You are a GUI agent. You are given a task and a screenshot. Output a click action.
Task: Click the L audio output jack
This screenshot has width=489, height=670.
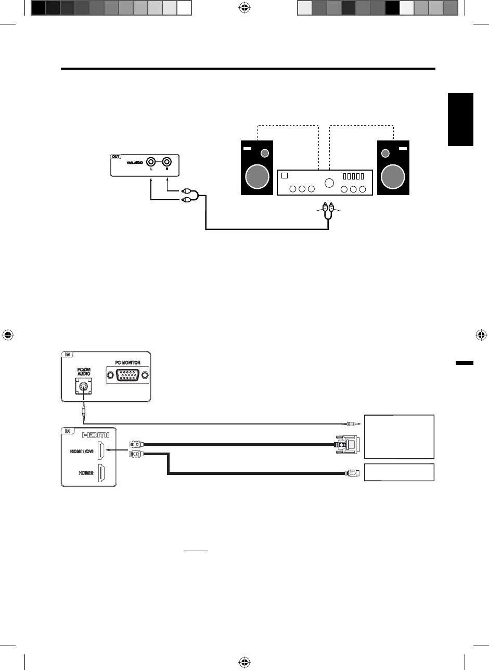coord(151,162)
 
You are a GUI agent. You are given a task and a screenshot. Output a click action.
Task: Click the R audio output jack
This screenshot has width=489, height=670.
coord(168,162)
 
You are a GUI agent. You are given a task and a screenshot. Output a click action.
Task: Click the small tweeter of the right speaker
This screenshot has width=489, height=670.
coord(385,153)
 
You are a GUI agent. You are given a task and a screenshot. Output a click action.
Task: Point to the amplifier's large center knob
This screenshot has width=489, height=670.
coord(329,183)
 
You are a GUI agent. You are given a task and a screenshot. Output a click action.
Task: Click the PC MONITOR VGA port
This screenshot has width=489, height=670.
coord(127,375)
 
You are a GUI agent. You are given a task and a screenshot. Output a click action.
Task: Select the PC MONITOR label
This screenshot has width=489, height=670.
coord(127,362)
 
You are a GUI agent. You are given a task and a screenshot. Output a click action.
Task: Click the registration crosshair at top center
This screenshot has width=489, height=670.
coord(244,8)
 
